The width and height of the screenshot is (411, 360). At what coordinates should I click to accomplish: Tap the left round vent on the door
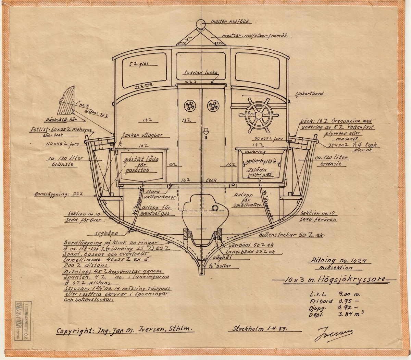[189, 106]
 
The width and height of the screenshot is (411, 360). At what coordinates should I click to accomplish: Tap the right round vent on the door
[212, 106]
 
